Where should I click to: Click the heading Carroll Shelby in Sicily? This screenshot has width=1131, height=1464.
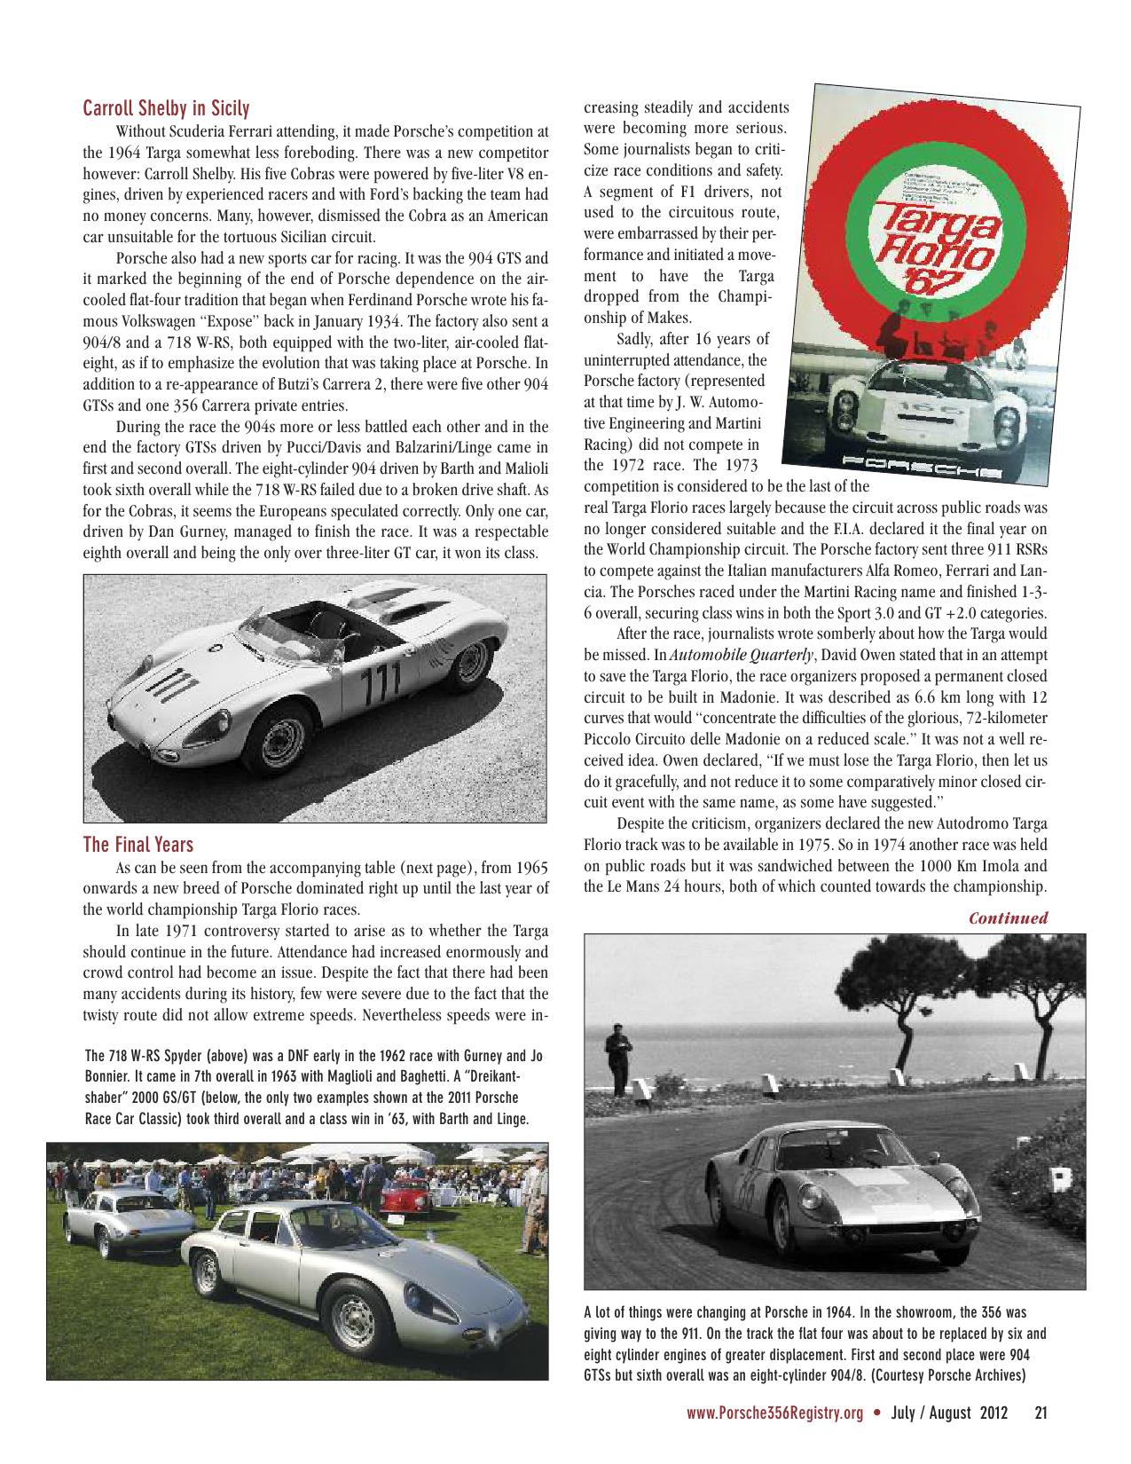pyautogui.click(x=166, y=109)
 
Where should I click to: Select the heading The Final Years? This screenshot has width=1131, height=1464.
pyautogui.click(x=137, y=843)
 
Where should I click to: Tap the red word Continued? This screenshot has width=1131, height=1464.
pyautogui.click(x=1008, y=918)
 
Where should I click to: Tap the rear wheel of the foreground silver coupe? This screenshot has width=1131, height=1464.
pyautogui.click(x=206, y=1276)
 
